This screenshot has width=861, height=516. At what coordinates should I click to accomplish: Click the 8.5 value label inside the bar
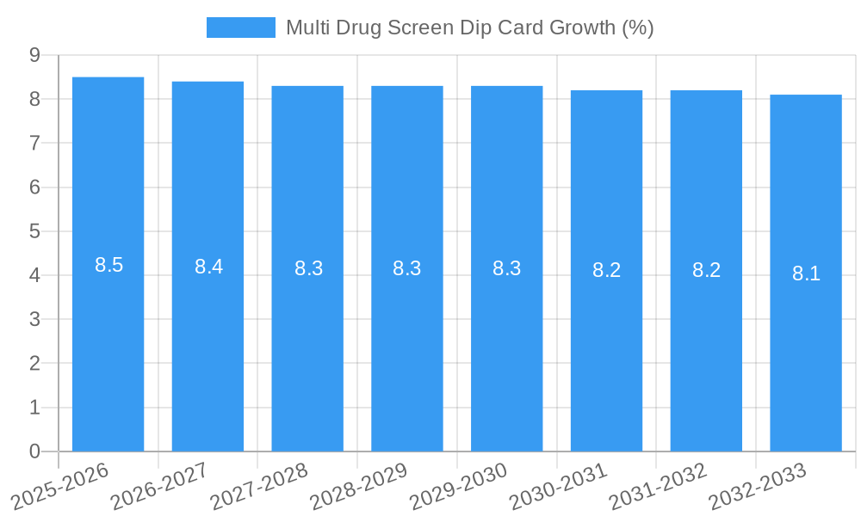click(108, 265)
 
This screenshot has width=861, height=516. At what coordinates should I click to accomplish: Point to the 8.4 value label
click(208, 267)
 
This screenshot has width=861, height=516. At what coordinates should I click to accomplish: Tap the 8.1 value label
click(806, 273)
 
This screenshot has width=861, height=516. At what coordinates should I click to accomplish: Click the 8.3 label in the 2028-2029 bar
click(406, 268)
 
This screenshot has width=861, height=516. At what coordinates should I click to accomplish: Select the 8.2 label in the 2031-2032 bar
click(706, 270)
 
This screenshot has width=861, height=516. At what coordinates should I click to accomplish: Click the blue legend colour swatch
click(240, 28)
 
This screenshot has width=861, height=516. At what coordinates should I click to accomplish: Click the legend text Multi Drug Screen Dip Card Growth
click(469, 28)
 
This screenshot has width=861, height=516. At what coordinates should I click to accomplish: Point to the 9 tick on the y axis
click(34, 55)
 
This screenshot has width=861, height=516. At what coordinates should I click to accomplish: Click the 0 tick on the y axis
click(34, 451)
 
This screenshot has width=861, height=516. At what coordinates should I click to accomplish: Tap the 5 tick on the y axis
click(34, 231)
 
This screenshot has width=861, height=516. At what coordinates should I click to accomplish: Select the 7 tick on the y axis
click(34, 143)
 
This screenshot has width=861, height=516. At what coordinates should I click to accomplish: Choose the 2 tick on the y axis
click(34, 364)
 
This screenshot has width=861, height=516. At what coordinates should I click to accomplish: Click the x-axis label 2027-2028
click(259, 486)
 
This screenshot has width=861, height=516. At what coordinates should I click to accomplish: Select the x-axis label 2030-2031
click(559, 486)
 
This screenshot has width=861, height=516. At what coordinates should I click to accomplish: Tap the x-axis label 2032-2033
click(758, 486)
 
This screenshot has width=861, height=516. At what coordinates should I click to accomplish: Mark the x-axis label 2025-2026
click(59, 486)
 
